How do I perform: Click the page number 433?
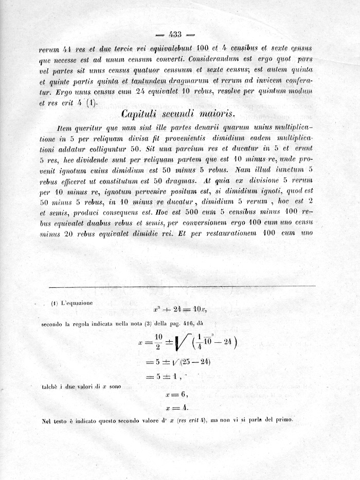(175, 35)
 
